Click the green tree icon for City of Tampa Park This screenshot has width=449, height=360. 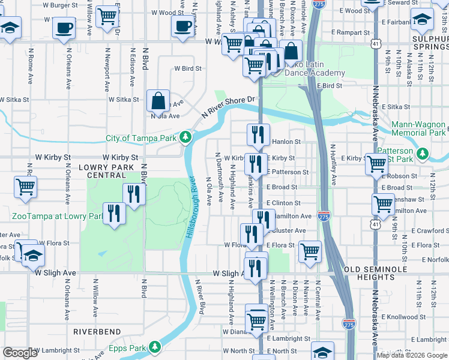click(186, 138)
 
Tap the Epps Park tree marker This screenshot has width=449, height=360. click(155, 347)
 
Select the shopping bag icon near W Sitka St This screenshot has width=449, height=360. click(158, 101)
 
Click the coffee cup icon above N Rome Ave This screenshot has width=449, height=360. click(64, 27)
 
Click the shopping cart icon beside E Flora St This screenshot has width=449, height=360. click(310, 252)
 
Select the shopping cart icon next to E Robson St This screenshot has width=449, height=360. click(376, 164)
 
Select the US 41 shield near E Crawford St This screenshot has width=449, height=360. click(375, 224)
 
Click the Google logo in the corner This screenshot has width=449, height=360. click(20, 353)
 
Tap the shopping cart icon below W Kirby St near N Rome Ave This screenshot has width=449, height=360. click(25, 187)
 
